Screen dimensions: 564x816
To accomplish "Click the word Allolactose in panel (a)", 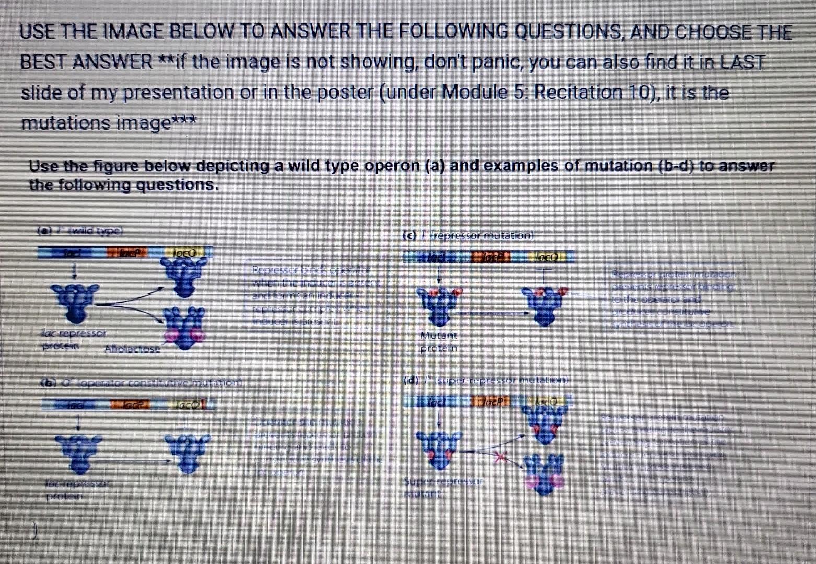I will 132,349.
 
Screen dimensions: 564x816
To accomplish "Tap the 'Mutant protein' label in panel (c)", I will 438,342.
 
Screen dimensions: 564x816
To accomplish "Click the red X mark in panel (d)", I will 501,458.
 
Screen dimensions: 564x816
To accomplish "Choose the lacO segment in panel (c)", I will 546,257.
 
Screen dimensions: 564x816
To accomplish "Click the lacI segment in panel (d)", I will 437,402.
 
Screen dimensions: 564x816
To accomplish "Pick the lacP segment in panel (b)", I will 130,404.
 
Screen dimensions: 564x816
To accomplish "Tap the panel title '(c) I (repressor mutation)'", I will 468,236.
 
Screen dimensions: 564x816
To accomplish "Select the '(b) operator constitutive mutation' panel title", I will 141,383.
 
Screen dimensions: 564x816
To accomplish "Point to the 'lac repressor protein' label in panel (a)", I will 73,339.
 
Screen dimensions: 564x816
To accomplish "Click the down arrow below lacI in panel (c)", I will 439,275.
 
